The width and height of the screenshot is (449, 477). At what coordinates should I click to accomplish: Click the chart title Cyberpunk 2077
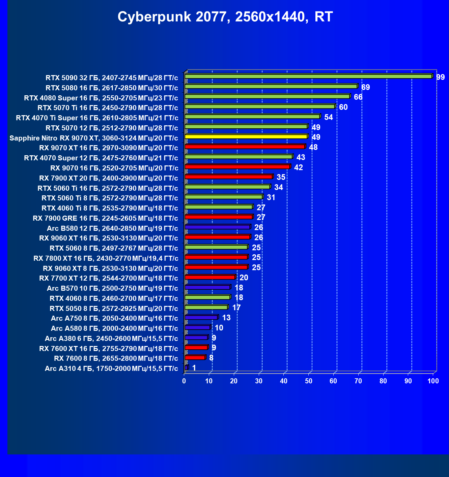point(225,17)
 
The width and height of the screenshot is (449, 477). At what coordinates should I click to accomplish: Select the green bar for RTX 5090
point(308,76)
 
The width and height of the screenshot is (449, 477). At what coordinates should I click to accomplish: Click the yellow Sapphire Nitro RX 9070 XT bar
point(246,137)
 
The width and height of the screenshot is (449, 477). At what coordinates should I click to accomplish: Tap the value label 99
point(440,77)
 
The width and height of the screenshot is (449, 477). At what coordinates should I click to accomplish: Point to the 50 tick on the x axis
point(309,381)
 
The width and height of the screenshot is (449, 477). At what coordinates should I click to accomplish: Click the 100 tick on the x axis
point(433,381)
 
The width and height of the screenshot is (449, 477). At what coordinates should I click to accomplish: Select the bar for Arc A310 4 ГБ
point(187,368)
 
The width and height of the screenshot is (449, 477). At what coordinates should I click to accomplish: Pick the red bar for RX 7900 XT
point(229,177)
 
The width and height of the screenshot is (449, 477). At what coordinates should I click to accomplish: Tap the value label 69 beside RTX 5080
point(365,87)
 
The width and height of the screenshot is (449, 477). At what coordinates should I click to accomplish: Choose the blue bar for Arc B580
point(218,227)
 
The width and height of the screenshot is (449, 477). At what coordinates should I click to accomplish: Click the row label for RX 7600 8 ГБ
point(116,358)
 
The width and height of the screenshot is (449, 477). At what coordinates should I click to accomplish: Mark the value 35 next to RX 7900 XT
point(281,178)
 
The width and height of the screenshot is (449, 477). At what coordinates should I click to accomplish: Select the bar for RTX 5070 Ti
point(260,107)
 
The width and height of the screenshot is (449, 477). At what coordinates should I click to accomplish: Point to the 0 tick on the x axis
point(184,381)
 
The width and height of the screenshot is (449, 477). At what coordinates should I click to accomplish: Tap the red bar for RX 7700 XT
point(210,277)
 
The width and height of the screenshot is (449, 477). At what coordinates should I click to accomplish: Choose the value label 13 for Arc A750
point(226,318)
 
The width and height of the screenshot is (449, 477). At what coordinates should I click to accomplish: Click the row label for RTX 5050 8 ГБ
point(114,308)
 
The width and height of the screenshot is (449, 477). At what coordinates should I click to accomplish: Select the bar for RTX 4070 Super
point(238,157)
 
